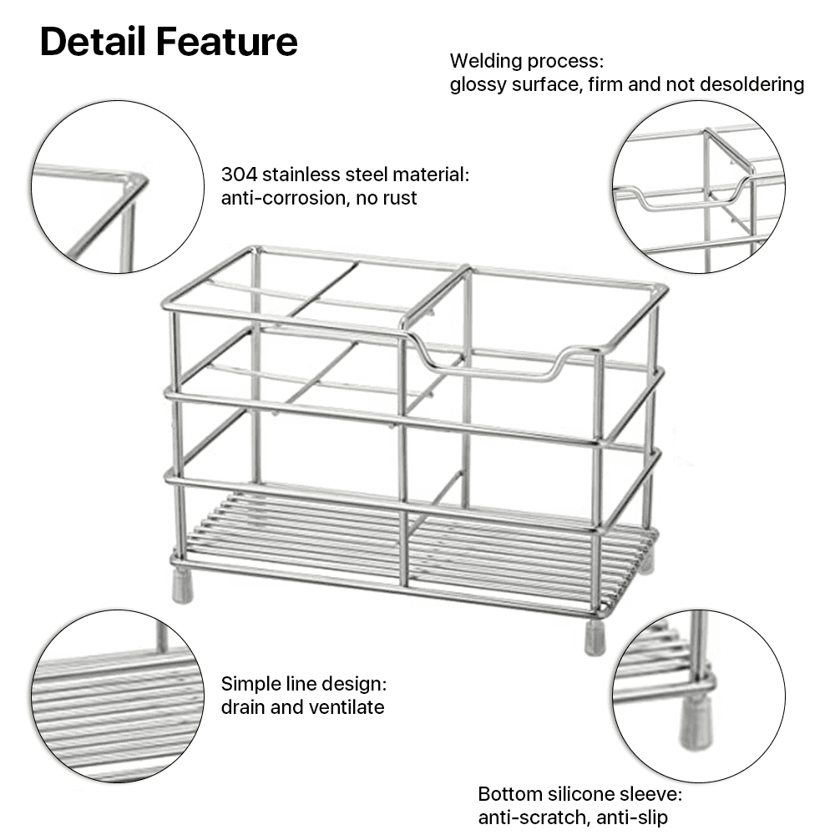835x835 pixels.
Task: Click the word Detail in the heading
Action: (x=93, y=42)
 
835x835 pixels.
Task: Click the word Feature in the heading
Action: (x=227, y=42)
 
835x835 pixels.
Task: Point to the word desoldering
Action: (x=752, y=84)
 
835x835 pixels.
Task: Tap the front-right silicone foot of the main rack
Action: (x=595, y=637)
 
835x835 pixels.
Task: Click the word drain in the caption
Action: (x=243, y=707)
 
